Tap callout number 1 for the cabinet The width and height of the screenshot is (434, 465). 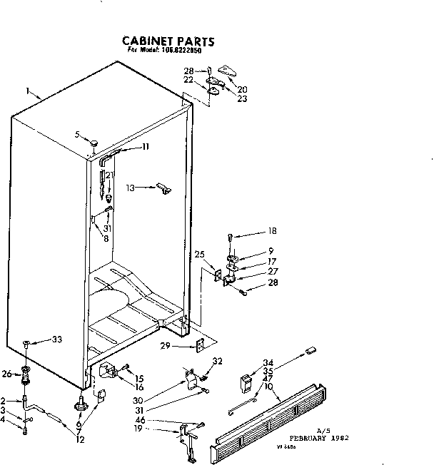click(27, 91)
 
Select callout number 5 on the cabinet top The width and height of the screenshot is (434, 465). click(76, 133)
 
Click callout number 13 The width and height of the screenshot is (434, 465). click(131, 188)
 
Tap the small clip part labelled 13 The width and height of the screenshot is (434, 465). click(164, 188)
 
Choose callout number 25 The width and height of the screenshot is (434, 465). click(199, 255)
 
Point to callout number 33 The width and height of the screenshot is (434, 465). click(56, 339)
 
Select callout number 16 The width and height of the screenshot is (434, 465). click(139, 387)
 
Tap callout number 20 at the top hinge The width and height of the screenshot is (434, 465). click(242, 89)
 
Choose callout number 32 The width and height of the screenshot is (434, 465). click(218, 361)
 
